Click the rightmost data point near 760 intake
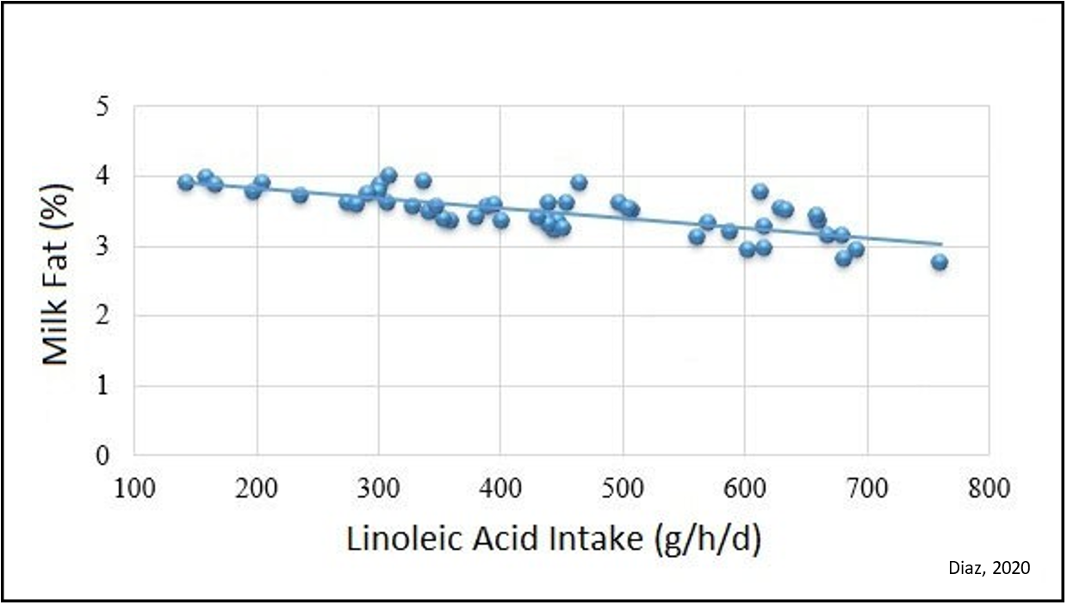point(940,262)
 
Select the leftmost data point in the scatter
point(185,182)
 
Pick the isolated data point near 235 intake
point(300,194)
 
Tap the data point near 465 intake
point(579,182)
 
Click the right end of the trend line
point(941,244)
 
